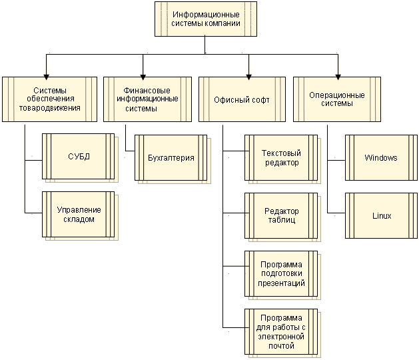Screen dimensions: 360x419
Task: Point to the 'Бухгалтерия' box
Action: [171, 158]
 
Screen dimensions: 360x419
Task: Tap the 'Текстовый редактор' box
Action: [280, 158]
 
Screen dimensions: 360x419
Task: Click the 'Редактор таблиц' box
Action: [280, 215]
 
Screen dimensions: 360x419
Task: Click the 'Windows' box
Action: [381, 157]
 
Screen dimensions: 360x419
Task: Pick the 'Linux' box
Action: [381, 215]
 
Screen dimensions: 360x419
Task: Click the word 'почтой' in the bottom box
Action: [282, 347]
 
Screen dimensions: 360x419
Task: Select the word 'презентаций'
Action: [282, 283]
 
